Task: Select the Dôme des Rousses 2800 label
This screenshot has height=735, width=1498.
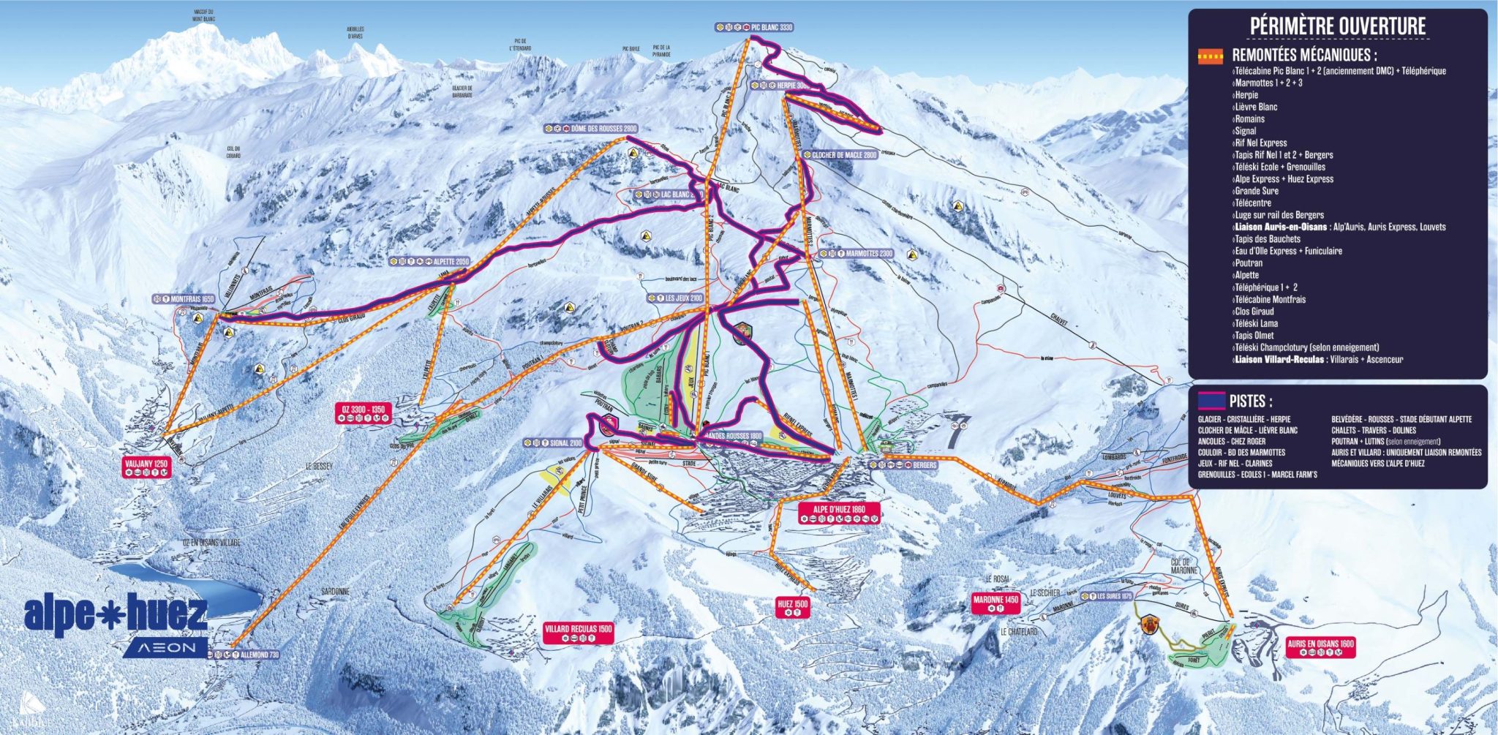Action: (595, 129)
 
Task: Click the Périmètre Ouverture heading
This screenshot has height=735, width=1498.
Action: (1337, 26)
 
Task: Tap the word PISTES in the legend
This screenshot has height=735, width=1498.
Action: (1250, 402)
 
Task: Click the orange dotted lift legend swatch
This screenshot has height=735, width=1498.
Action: (1210, 56)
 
